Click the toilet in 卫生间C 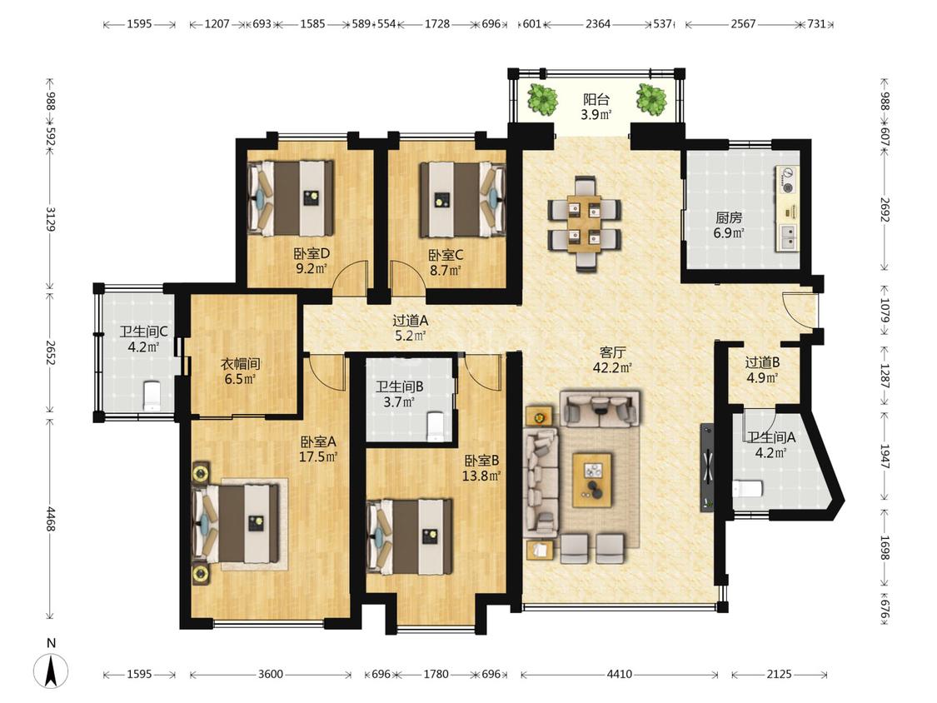[153, 396]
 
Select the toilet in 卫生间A [748, 489]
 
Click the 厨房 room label [729, 218]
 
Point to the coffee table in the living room [591, 480]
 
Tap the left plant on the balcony [542, 99]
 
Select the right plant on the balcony [650, 99]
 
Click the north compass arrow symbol [52, 671]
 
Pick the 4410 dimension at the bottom [619, 675]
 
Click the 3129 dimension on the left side [51, 219]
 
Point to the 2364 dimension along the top [597, 24]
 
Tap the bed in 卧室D [292, 198]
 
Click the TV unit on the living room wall [707, 467]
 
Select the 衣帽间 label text [240, 363]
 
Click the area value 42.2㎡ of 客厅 [612, 367]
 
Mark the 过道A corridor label [410, 321]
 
